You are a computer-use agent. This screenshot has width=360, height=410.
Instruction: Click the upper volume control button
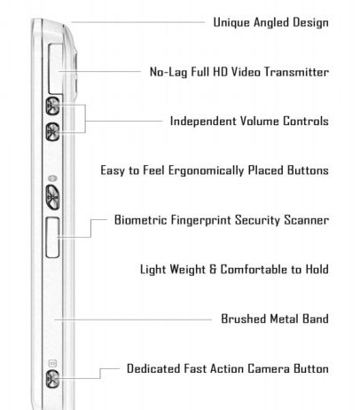click(x=52, y=106)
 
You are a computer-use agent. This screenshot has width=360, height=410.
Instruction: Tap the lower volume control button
click(x=52, y=131)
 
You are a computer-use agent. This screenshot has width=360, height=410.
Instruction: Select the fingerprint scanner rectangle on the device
click(x=53, y=237)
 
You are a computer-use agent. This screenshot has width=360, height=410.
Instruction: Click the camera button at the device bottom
click(x=52, y=379)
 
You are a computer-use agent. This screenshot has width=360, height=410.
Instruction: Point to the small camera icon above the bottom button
click(x=52, y=363)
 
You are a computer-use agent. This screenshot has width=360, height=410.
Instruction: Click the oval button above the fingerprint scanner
click(x=52, y=197)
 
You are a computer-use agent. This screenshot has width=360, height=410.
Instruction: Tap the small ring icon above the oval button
click(x=52, y=178)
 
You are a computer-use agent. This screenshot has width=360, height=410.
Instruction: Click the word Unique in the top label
click(x=231, y=23)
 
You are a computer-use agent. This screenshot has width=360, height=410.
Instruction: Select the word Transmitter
click(x=296, y=72)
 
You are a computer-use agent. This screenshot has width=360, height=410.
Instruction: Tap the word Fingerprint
click(x=201, y=220)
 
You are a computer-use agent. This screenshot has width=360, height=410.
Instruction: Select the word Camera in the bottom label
click(x=269, y=368)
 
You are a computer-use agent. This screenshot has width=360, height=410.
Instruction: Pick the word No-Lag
click(x=168, y=73)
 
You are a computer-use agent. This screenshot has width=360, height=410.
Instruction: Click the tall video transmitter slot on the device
click(x=56, y=69)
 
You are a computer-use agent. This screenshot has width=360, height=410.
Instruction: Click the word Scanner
click(x=307, y=220)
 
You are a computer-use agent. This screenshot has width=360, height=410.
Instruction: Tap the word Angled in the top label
click(x=271, y=23)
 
